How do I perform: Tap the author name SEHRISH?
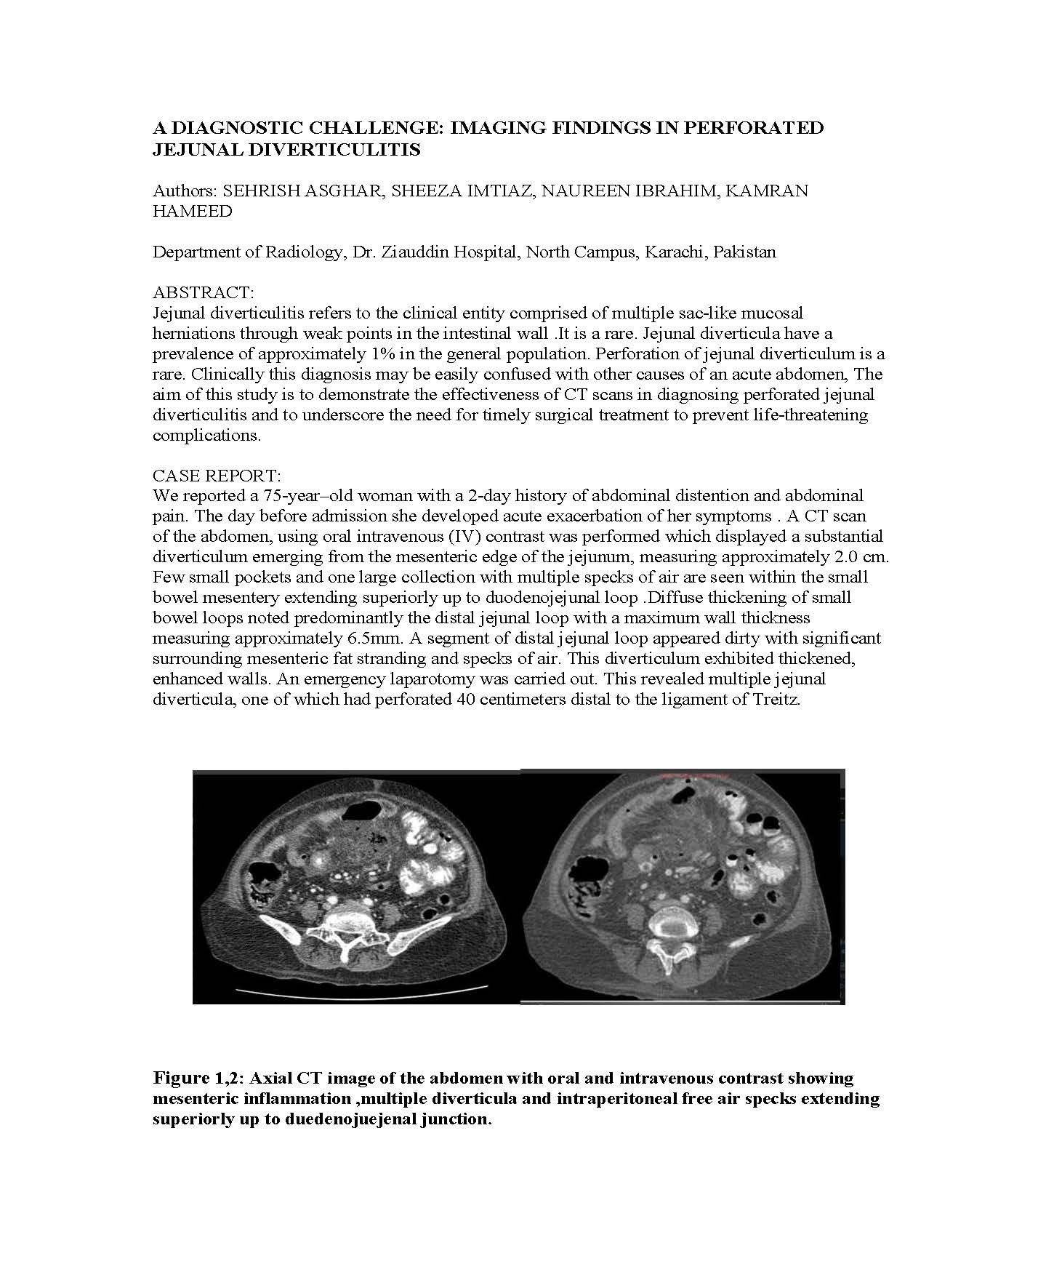259,191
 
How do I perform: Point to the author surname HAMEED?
193,212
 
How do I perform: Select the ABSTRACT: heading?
204,292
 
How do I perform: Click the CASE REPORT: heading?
217,476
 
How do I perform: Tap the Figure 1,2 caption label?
196,1078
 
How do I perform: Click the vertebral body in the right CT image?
675,923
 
